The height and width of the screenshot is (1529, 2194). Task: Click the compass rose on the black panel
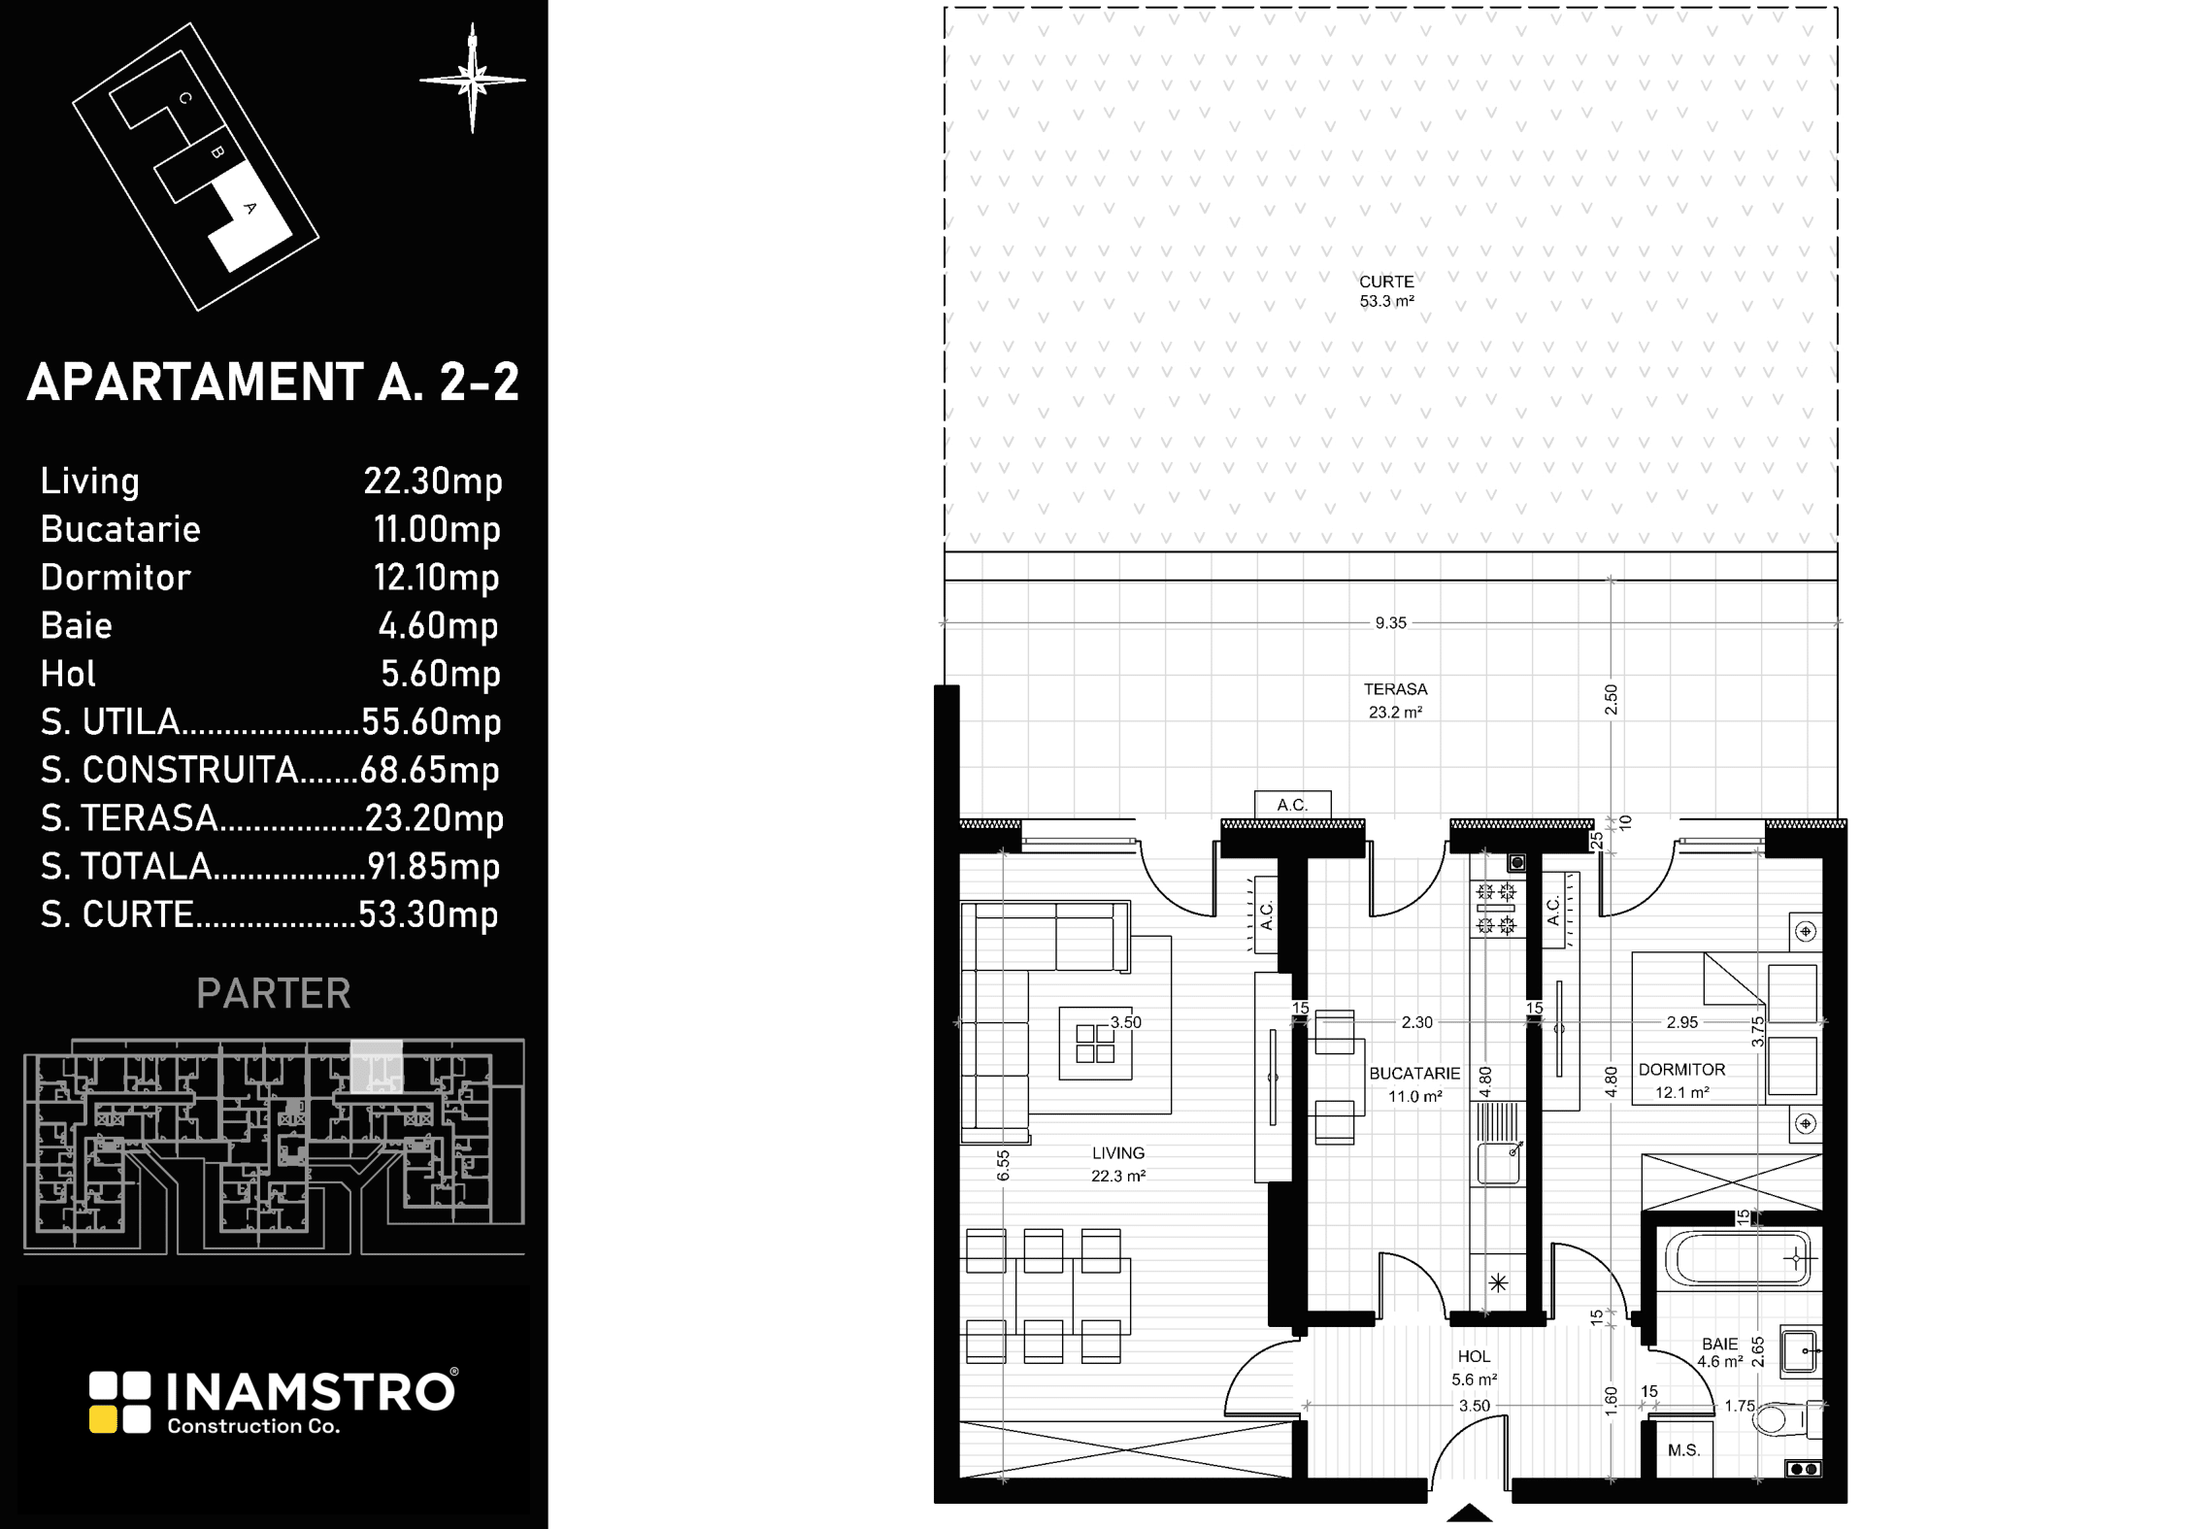tap(473, 79)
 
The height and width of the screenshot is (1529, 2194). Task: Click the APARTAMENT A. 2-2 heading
tap(274, 382)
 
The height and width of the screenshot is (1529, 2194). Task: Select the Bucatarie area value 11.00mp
tap(437, 529)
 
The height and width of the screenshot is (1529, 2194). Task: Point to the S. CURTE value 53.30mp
tap(429, 914)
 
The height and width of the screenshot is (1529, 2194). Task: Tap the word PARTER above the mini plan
tap(274, 993)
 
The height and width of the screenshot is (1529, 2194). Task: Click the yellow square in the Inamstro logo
tap(104, 1419)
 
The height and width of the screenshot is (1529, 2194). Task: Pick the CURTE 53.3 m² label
tap(1386, 291)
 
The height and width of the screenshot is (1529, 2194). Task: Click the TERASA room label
tap(1395, 689)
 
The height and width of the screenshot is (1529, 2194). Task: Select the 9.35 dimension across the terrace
tap(1390, 623)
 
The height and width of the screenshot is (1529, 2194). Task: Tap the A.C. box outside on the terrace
tap(1292, 804)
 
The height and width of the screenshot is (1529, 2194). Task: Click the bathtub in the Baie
tap(1739, 1259)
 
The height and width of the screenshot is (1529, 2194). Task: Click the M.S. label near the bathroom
tap(1683, 1450)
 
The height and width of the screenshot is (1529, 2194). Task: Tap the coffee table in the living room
tap(1095, 1044)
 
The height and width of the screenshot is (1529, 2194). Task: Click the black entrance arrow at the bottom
tap(1469, 1512)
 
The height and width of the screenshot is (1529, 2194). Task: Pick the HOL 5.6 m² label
tap(1474, 1367)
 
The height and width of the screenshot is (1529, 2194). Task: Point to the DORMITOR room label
tap(1681, 1070)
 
